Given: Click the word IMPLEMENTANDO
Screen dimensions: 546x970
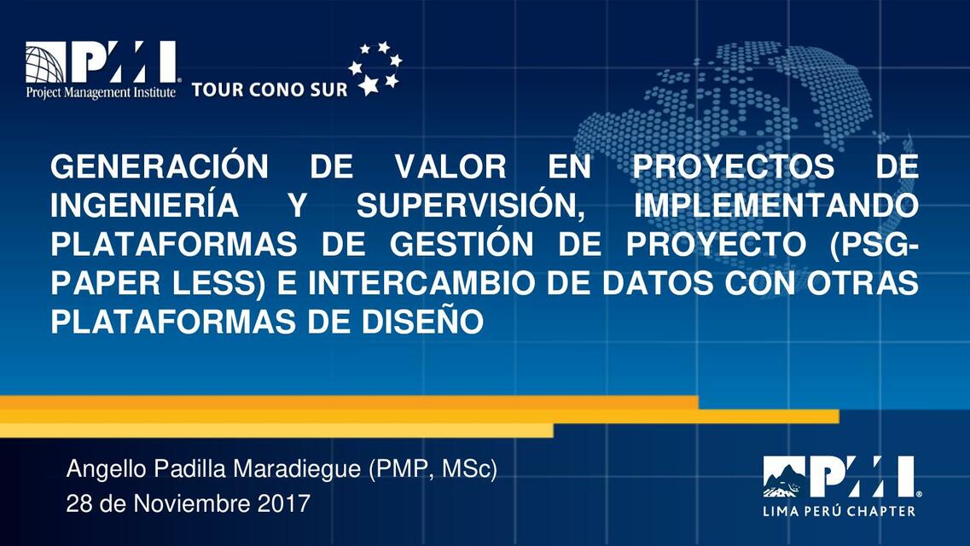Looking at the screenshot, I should (777, 206).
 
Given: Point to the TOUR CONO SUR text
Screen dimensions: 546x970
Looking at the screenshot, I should (269, 90).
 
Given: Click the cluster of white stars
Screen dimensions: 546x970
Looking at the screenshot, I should (375, 67).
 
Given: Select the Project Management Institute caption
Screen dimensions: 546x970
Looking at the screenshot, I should (101, 90).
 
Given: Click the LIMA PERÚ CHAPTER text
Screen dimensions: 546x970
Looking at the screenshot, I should (839, 511).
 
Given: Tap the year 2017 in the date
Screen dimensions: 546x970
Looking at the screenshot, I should (283, 503).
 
